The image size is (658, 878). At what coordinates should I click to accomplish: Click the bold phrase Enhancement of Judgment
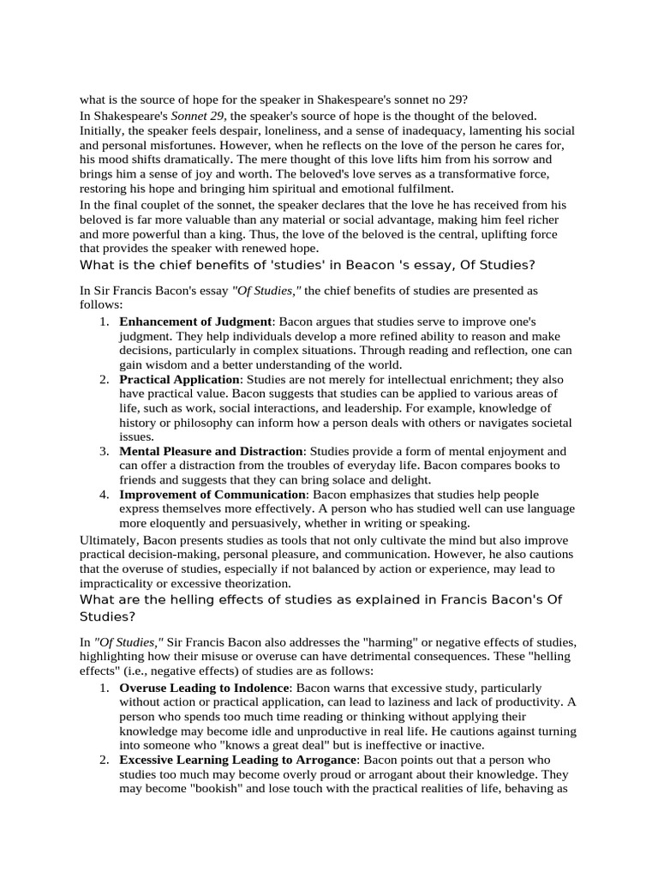[x=195, y=321]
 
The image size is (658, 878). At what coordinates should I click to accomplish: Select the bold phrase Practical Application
[x=179, y=379]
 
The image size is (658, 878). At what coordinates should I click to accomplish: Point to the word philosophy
[x=208, y=423]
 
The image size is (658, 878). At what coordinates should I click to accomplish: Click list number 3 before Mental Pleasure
[x=104, y=451]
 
